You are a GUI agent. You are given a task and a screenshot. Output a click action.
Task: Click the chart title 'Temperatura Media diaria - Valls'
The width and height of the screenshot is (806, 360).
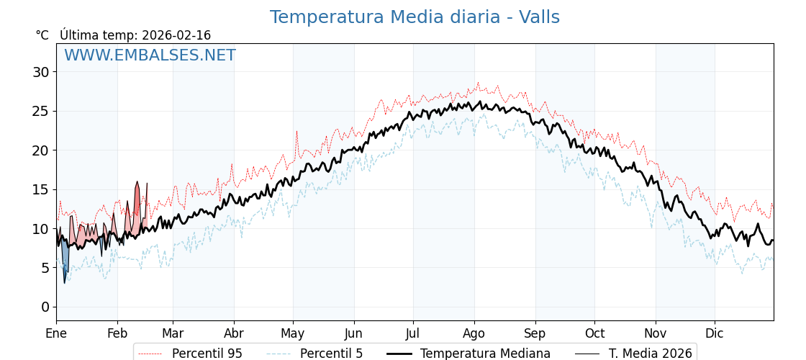coord(415,17)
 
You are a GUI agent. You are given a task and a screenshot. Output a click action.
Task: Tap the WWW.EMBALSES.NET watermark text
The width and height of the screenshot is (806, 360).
coord(150,55)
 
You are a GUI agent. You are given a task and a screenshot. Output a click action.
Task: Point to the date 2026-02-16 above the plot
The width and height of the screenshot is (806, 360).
coord(176,35)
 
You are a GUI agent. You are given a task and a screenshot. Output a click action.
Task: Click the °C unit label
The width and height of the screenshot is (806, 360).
coord(42,35)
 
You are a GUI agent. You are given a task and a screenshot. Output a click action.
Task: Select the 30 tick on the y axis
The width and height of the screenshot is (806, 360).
coord(40,72)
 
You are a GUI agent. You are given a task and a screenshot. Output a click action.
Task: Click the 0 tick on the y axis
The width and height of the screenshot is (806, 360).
coord(45,307)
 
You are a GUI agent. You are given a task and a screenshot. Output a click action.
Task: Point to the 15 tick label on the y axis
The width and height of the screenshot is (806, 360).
coord(40,189)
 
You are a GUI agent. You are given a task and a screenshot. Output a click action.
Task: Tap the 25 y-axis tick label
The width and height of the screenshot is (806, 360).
coord(40,111)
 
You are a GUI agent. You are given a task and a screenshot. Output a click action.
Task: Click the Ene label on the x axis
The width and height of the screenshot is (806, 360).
coord(56,333)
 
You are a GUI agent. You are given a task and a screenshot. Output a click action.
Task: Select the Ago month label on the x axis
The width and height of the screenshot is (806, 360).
coord(474,333)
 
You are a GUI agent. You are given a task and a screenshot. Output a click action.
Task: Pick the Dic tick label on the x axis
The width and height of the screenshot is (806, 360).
coord(714,333)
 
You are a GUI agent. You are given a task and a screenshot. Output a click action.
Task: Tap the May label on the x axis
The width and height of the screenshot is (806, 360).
coord(292,333)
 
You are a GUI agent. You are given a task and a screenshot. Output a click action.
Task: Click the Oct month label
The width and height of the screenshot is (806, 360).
coord(594,333)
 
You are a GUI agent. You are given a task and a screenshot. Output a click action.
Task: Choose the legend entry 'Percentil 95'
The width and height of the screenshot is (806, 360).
coord(207,354)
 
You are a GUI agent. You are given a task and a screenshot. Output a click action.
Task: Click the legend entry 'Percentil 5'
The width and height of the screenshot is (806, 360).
coord(331,354)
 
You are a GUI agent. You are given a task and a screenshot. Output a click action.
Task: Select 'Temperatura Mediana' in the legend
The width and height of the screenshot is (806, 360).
coord(485,354)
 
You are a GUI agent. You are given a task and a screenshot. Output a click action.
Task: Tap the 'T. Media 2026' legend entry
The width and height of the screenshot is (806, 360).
coord(650,354)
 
